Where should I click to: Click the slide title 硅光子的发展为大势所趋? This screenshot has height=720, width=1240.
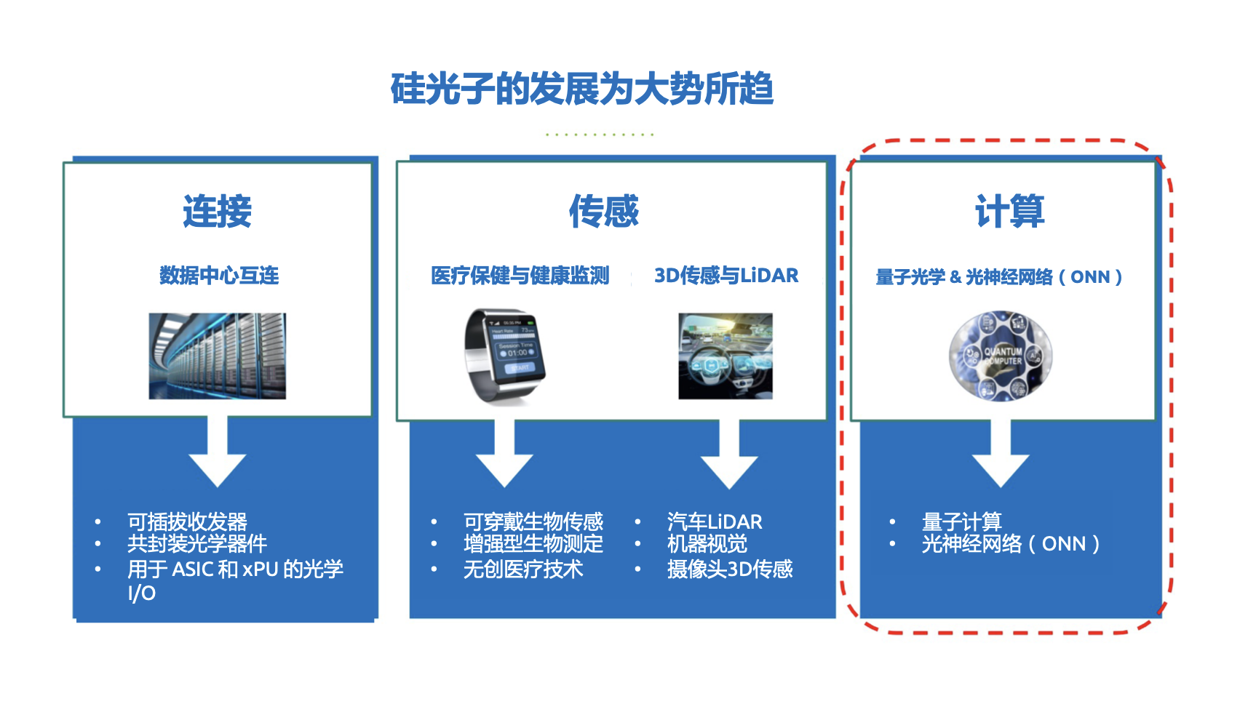click(x=582, y=89)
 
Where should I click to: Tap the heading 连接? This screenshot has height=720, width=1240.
click(x=218, y=211)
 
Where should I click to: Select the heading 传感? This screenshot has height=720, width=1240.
click(x=604, y=211)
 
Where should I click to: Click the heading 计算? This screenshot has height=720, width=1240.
click(x=1010, y=211)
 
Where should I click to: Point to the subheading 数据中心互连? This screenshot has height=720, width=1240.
click(x=219, y=275)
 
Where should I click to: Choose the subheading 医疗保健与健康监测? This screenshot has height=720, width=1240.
click(x=520, y=275)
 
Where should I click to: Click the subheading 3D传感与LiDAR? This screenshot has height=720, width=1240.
click(x=726, y=275)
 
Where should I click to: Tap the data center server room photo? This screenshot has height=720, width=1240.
click(x=218, y=356)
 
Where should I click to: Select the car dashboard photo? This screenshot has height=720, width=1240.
click(x=726, y=356)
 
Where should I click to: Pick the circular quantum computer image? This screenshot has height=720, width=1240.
click(x=1001, y=356)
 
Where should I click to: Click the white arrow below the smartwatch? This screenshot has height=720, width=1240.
click(x=504, y=454)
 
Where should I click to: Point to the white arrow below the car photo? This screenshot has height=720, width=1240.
click(x=729, y=454)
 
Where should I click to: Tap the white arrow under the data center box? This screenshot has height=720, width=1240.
click(x=218, y=452)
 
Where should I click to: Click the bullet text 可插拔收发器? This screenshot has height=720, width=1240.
click(x=187, y=521)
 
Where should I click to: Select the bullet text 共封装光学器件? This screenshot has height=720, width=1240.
click(x=197, y=544)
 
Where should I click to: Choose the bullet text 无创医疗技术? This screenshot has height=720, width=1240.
click(x=523, y=569)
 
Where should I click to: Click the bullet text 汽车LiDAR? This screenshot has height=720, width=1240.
click(x=715, y=521)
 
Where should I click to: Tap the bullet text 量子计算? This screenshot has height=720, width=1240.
click(x=961, y=521)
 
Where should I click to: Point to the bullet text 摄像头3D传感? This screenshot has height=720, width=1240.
click(x=730, y=569)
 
